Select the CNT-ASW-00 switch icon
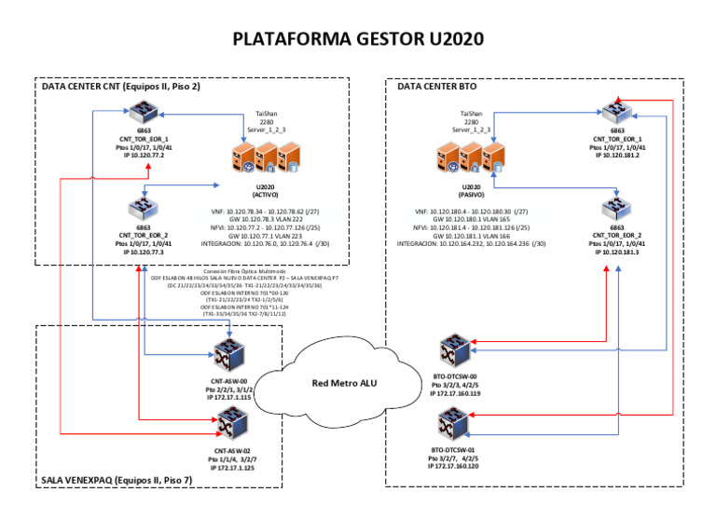[228, 355]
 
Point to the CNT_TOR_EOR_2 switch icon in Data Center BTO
[617, 204]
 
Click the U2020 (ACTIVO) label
[268, 192]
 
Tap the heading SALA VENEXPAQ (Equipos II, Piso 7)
[117, 480]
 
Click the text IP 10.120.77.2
[141, 156]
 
